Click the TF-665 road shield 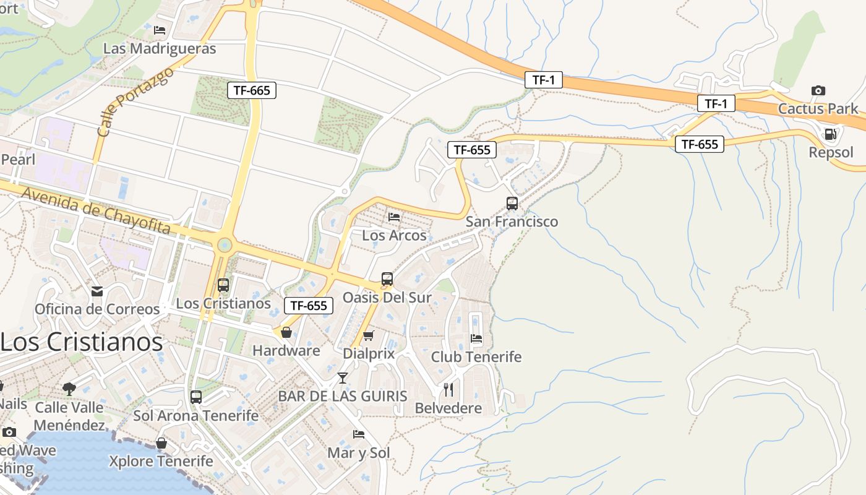252,90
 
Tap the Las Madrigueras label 160,48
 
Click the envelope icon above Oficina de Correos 97,291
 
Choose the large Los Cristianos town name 82,342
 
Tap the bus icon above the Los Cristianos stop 223,285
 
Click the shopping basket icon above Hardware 286,333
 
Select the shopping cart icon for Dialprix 369,336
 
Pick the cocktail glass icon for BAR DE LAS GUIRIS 343,377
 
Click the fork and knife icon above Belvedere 448,390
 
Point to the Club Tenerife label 476,357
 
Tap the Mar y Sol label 359,453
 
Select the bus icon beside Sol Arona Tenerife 196,397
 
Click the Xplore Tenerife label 161,461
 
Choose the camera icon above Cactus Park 818,91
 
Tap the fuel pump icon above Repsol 830,134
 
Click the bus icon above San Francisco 512,203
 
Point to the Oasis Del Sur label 387,298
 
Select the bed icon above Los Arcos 394,217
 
